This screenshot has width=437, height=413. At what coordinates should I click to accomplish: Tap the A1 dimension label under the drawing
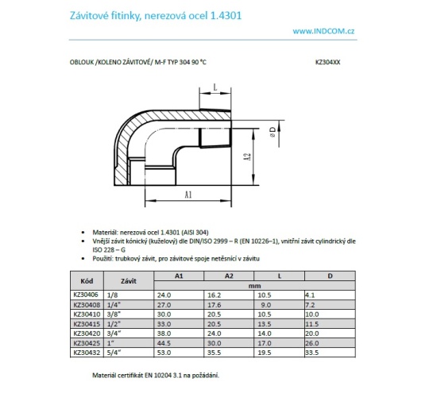(188, 193)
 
